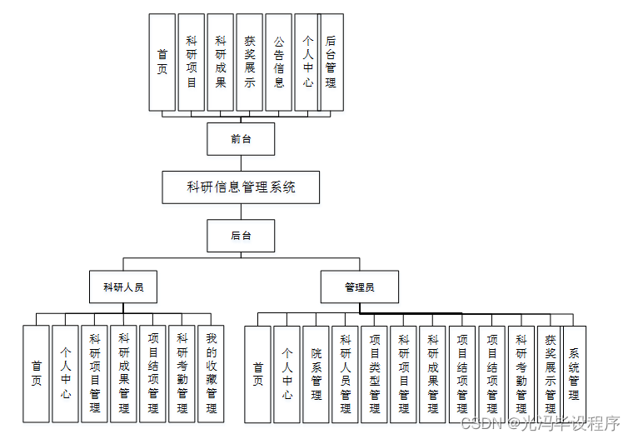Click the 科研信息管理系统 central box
tap(241, 187)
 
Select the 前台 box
tap(241, 139)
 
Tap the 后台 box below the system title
tap(241, 236)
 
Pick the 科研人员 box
tap(123, 287)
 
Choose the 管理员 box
tap(360, 287)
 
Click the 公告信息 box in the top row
tap(279, 62)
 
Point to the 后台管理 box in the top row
tap(331, 62)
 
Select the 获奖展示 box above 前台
tap(250, 62)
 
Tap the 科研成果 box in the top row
tap(221, 62)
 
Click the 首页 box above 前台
tap(162, 62)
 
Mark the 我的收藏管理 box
tap(211, 373)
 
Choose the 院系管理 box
tap(316, 373)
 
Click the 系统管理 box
tap(575, 373)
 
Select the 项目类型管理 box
tap(374, 373)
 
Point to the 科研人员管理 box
tap(345, 373)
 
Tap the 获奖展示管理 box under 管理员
tap(550, 373)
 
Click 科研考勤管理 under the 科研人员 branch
tap(182, 373)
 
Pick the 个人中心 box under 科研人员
tap(65, 373)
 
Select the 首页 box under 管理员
tap(257, 373)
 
